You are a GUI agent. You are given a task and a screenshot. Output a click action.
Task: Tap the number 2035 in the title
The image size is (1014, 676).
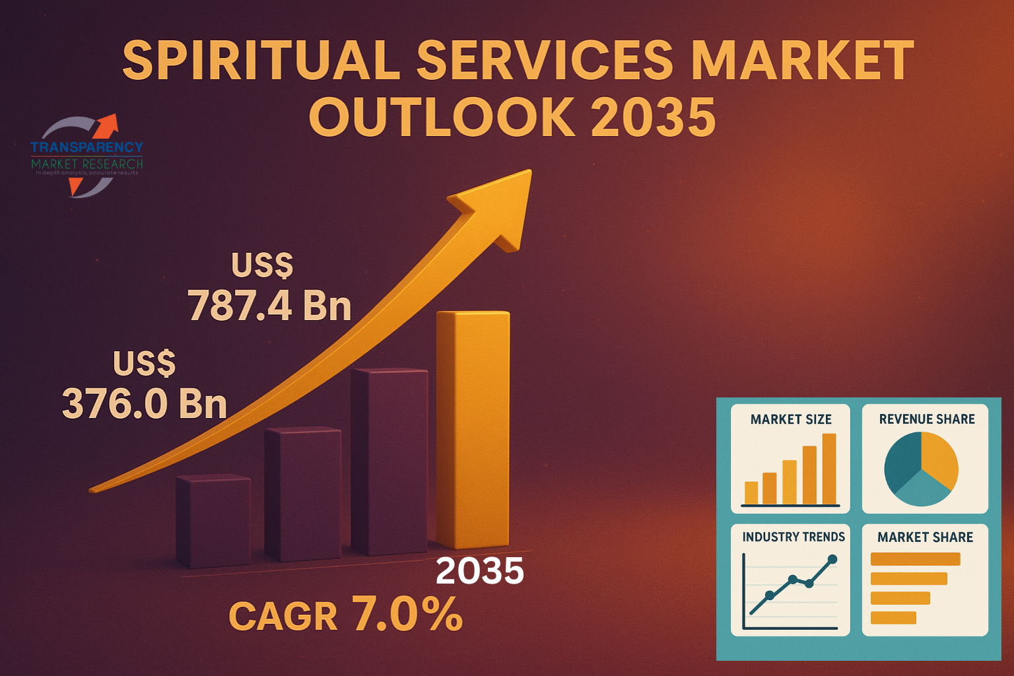653,118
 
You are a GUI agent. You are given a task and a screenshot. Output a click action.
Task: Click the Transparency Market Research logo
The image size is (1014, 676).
86,156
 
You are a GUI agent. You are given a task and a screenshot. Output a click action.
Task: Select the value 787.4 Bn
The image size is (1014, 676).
269,306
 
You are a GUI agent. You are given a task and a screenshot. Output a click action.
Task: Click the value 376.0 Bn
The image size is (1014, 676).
145,403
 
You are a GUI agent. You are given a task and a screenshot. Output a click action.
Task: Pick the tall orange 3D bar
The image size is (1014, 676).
473,429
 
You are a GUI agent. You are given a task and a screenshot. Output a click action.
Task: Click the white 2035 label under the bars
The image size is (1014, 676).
480,571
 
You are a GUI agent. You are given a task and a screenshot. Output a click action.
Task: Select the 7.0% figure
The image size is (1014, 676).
407,614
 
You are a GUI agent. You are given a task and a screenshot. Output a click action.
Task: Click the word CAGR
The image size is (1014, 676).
283,617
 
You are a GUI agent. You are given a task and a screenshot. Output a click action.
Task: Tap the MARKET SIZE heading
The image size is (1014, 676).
791,419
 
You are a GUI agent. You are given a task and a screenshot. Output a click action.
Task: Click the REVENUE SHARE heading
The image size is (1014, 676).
927,419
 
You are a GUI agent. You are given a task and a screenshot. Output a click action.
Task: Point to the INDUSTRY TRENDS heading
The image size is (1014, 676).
794,537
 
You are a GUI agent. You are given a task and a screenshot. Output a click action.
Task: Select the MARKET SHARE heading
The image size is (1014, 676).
925,537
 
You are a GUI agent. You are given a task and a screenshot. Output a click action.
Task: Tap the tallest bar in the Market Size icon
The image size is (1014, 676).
829,469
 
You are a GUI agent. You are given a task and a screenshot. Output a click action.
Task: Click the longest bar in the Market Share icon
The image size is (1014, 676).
915,559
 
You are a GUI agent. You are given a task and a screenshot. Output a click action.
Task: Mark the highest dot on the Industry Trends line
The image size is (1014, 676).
832,559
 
